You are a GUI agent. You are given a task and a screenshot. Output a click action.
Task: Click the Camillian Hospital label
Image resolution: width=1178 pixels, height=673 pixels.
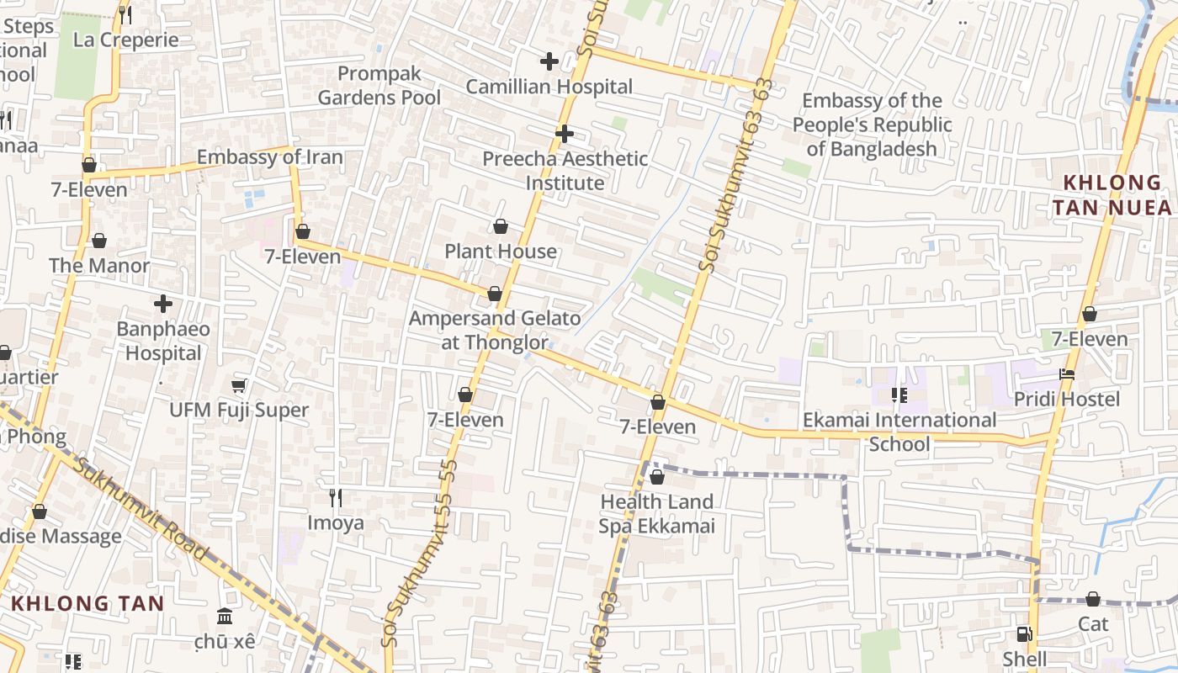click(549, 87)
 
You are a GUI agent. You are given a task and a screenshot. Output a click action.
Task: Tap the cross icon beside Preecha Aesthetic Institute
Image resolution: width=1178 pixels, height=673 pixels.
click(564, 134)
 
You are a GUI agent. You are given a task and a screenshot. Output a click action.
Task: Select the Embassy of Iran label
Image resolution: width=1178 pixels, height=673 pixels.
click(270, 157)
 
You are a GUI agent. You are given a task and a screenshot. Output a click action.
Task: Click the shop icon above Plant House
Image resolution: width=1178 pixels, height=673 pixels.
click(500, 227)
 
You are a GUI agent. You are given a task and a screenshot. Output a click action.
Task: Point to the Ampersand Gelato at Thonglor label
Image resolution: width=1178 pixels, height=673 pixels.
click(495, 331)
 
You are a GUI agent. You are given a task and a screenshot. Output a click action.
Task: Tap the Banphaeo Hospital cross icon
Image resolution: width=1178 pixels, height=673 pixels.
click(163, 304)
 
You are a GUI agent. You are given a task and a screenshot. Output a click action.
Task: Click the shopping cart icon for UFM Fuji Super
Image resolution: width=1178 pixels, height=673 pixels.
click(239, 386)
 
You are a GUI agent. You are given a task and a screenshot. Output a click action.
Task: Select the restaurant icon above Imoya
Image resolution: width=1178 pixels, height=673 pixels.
click(336, 498)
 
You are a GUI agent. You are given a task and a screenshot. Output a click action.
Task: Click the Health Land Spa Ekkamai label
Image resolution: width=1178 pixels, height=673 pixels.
click(656, 514)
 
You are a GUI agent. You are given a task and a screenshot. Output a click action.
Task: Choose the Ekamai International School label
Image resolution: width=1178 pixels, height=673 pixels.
click(899, 432)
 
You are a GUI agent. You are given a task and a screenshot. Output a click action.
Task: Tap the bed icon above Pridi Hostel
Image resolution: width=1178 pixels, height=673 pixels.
click(1067, 374)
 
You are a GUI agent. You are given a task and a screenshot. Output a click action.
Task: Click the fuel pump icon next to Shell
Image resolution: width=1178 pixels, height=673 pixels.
click(1023, 635)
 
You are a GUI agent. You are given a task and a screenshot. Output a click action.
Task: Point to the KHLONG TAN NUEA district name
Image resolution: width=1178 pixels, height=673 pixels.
click(1112, 195)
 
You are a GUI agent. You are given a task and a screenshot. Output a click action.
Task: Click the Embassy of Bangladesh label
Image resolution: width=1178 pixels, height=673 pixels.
click(872, 125)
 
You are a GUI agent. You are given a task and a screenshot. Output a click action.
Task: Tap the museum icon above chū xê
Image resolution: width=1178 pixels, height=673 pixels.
click(224, 617)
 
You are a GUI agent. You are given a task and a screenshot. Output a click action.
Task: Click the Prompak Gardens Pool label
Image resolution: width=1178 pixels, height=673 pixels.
click(379, 86)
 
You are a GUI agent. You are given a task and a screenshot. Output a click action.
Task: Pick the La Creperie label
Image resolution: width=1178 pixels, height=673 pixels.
click(126, 40)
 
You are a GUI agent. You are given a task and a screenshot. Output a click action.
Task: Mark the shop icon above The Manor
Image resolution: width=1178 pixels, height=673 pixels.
click(99, 241)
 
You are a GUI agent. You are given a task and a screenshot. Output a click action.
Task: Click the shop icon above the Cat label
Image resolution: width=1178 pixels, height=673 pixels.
click(1092, 600)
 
